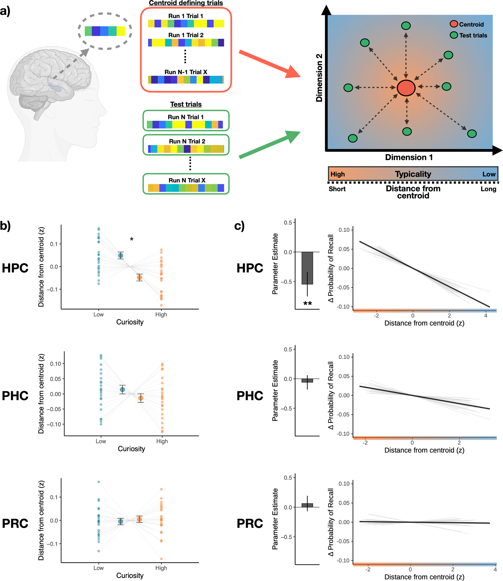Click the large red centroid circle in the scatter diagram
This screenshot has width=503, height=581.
point(406,88)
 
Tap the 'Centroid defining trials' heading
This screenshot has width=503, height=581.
point(186,3)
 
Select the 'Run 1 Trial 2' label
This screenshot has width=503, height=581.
point(186,35)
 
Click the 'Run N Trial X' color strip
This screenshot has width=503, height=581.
point(186,188)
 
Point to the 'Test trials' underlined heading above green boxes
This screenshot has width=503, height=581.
point(186,104)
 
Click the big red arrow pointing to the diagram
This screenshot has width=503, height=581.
point(269,64)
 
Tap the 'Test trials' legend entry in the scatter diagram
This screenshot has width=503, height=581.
point(473,35)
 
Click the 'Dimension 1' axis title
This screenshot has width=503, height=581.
point(409,157)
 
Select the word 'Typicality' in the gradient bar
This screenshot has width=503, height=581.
point(413,174)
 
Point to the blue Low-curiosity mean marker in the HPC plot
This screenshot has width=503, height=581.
point(121,255)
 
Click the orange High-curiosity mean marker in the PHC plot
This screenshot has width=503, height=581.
point(141,398)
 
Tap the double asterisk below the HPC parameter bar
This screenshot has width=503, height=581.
point(308,304)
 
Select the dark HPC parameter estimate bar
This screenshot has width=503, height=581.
point(307,268)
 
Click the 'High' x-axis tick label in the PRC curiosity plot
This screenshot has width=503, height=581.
point(161,568)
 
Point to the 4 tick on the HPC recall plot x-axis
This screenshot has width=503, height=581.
point(485,316)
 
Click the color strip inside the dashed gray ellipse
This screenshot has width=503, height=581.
point(105,31)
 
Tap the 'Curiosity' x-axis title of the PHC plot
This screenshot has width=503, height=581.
point(131,449)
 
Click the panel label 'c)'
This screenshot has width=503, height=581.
point(239,226)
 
